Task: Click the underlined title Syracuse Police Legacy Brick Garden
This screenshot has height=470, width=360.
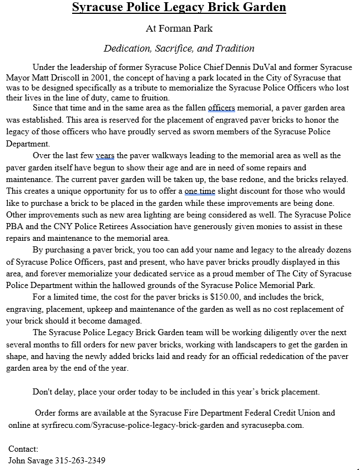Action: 180,8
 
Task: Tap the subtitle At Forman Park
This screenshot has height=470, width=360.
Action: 179,28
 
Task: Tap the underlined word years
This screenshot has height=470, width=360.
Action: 105,155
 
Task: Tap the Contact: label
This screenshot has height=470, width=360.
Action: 23,448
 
